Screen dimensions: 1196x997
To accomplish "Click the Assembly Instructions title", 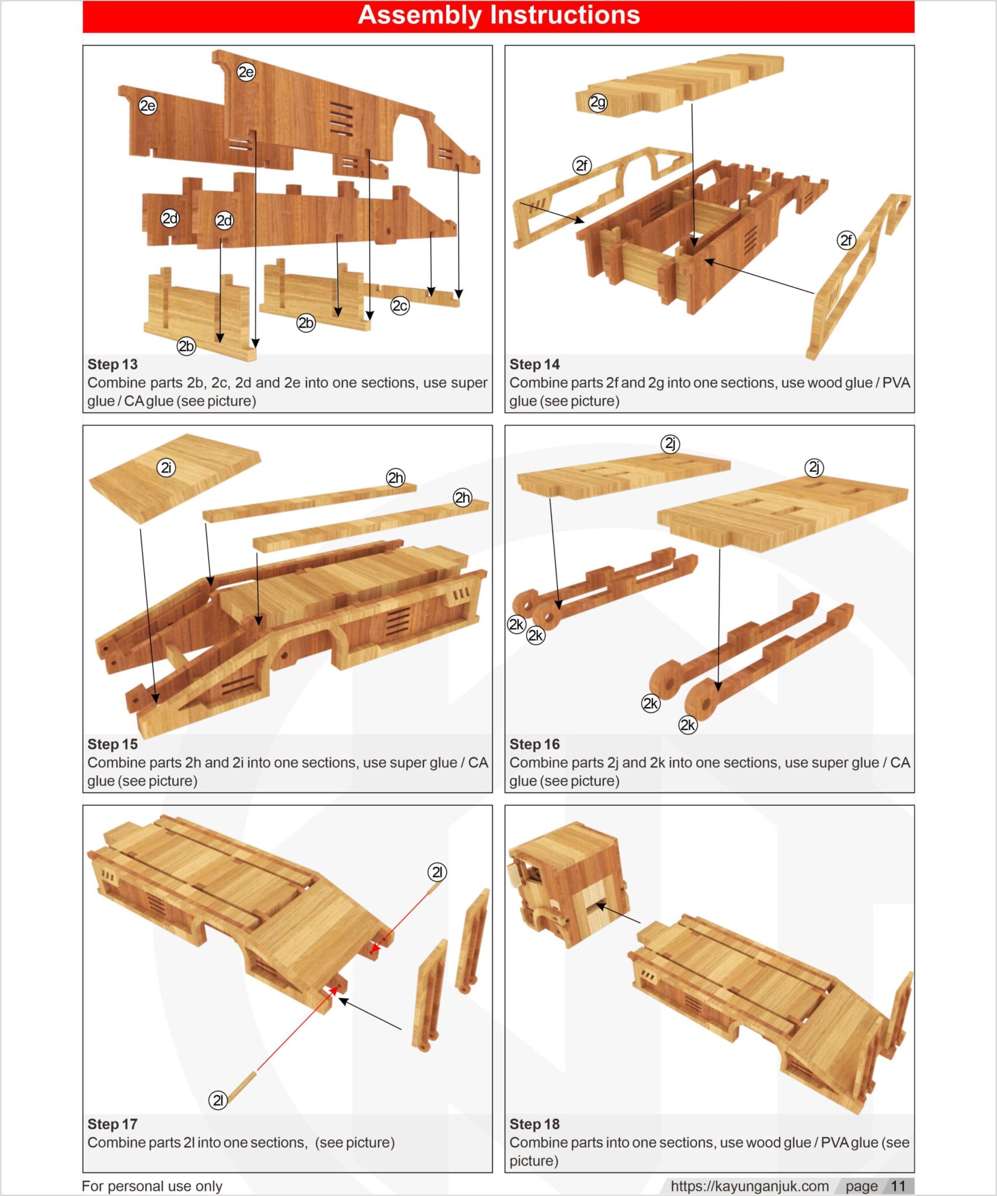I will point(498,15).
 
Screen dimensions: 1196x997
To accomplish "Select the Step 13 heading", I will point(112,364).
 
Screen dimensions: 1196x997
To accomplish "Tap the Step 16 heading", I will point(534,744).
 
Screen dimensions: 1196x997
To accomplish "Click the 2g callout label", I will point(597,103).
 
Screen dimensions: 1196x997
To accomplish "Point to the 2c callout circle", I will point(400,305).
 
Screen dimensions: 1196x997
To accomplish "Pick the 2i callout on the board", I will point(166,467).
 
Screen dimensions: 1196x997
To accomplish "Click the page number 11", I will point(898,1186).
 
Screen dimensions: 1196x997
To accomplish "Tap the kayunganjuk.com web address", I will point(749,1186).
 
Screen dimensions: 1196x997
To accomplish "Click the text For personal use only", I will point(152,1186).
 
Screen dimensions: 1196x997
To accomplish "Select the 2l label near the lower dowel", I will point(218,1100).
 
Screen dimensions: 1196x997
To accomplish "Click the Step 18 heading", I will point(534,1124).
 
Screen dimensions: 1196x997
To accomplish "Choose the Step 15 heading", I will point(112,744).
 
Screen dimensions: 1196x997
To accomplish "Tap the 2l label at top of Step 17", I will point(437,872).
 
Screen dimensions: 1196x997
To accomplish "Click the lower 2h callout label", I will point(463,498).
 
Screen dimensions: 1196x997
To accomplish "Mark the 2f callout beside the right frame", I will point(846,240).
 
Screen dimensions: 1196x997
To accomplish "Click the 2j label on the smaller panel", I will point(671,444).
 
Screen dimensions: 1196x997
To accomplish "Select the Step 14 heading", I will point(534,364).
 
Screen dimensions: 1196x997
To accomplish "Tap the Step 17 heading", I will point(112,1124).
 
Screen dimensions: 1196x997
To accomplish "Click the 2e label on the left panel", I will point(148,106).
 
